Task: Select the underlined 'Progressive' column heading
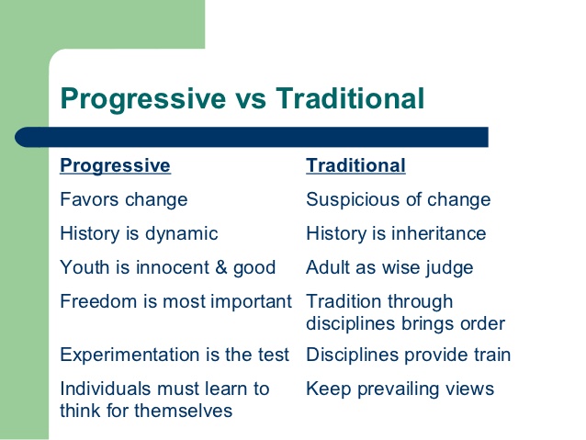pyautogui.click(x=115, y=165)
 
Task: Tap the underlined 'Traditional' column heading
pyautogui.click(x=355, y=165)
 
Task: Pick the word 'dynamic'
pyautogui.click(x=181, y=233)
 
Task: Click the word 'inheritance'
pyautogui.click(x=438, y=233)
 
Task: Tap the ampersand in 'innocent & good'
pyautogui.click(x=221, y=267)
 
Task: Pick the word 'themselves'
pyautogui.click(x=183, y=411)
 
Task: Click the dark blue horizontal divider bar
pyautogui.click(x=252, y=137)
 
